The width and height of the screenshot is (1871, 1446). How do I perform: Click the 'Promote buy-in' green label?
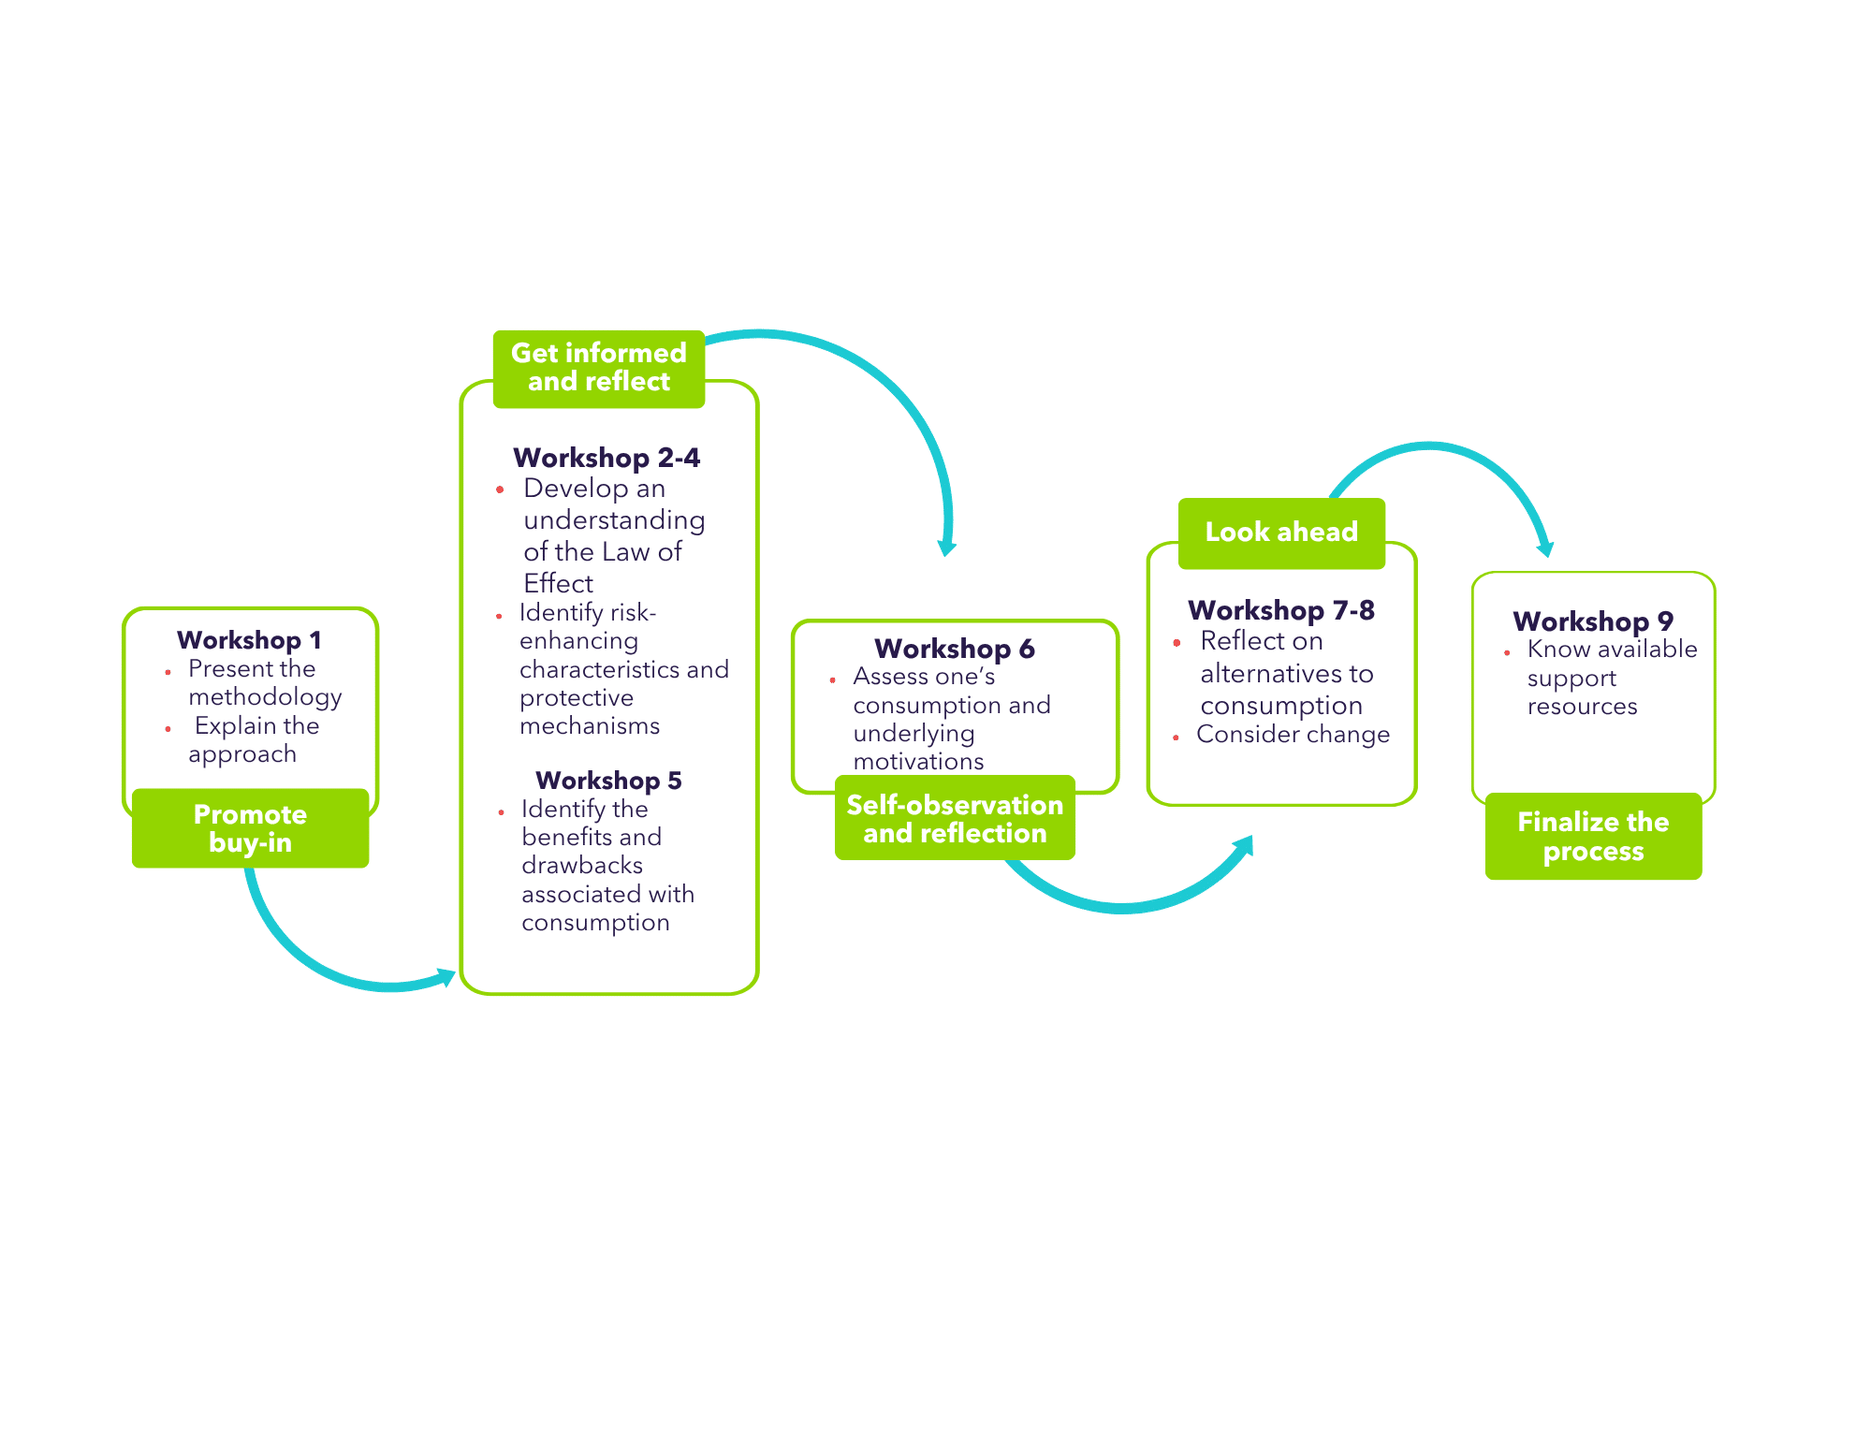[250, 828]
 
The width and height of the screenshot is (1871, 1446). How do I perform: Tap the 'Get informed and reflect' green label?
[599, 369]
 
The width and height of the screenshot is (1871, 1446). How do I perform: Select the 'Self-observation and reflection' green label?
[955, 818]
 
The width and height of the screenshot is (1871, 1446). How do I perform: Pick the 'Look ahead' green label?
[1281, 533]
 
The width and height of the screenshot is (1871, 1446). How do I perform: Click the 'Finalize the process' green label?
[1593, 836]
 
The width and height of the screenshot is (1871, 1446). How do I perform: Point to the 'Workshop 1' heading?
[249, 640]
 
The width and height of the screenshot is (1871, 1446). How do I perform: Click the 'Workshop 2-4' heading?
[607, 458]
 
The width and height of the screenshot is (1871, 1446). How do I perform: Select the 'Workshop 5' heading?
[608, 781]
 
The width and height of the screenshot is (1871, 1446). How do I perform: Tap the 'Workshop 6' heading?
[955, 649]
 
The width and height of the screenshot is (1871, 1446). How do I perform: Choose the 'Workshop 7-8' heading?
[1281, 610]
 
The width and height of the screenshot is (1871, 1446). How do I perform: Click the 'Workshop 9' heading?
[1593, 621]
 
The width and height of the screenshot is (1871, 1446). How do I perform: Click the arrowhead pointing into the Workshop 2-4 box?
[445, 978]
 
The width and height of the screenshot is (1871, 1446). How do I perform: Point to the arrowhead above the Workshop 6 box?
[947, 547]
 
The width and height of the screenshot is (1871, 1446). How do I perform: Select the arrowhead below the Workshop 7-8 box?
[1244, 845]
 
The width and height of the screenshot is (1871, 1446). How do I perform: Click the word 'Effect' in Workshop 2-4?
[558, 584]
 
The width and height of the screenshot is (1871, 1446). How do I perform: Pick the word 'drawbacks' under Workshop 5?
[582, 866]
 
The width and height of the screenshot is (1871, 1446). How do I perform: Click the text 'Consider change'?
[1293, 735]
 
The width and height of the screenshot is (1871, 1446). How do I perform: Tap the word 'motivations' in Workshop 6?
[918, 762]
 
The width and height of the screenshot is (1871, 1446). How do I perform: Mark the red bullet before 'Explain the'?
[168, 728]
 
